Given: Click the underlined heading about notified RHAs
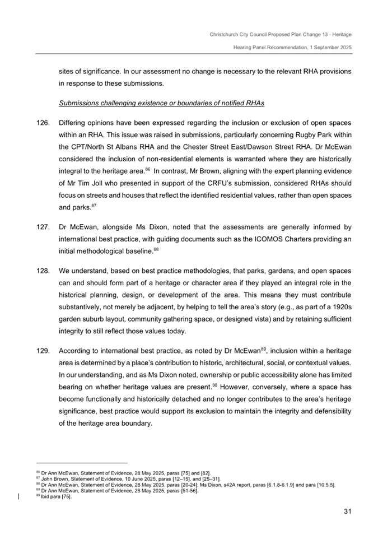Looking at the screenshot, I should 161,104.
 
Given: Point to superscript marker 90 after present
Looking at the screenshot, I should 214,385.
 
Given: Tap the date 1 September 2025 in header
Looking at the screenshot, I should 326,49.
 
